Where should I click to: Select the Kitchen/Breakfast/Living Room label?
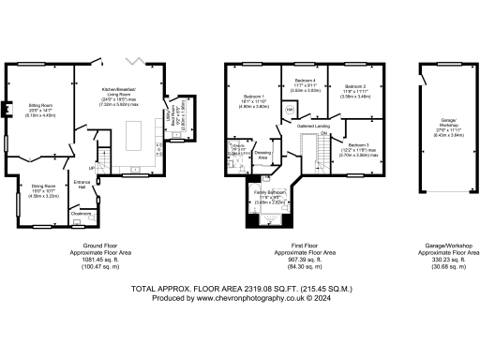pyautogui.click(x=127, y=90)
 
